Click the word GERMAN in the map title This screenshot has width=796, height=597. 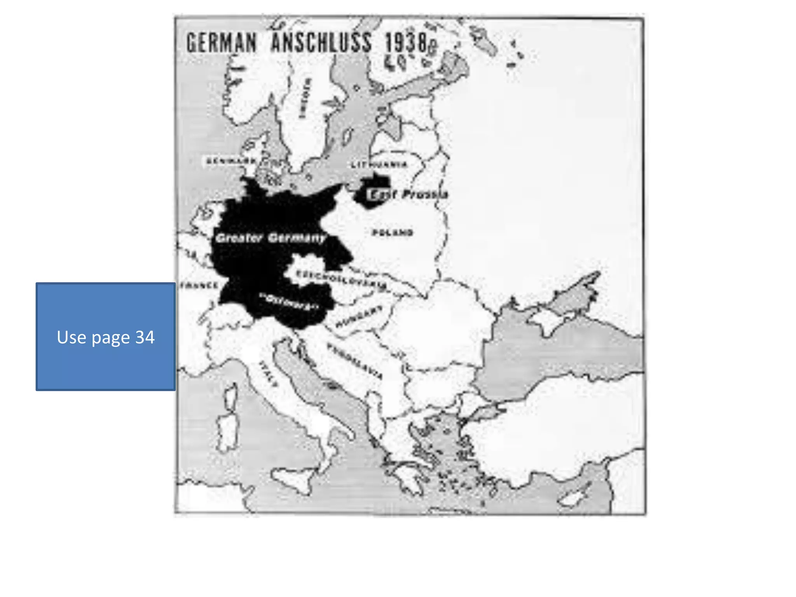point(222,42)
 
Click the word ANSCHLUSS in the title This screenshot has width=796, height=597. point(321,42)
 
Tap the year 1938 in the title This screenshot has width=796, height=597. point(406,42)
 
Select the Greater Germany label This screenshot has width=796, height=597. point(271,238)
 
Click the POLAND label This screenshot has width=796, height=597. point(393,233)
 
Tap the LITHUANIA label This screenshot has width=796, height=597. point(379,165)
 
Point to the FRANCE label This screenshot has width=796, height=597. point(199,286)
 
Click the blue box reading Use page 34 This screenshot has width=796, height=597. point(106,337)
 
